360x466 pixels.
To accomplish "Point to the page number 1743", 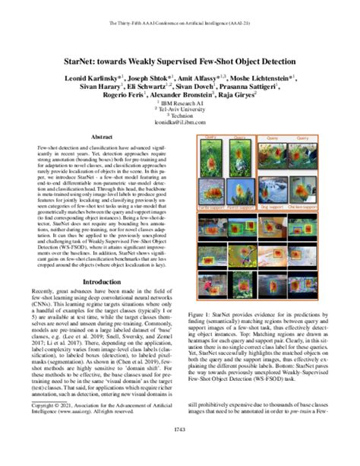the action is coord(179,451).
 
